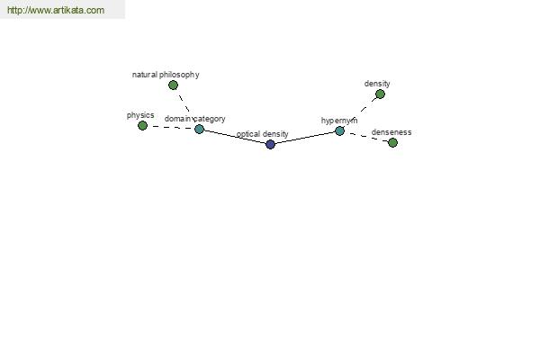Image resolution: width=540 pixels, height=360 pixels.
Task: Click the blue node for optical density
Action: [x=270, y=144]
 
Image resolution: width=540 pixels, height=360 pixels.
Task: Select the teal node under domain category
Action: [x=199, y=130]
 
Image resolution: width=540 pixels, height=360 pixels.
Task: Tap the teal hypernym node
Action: [x=339, y=130]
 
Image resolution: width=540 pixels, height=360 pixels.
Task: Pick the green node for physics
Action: [x=142, y=126]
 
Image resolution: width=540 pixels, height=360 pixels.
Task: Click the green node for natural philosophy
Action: [x=173, y=85]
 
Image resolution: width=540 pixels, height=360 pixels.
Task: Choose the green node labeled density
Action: [x=380, y=94]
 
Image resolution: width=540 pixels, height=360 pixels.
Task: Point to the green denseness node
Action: [x=392, y=142]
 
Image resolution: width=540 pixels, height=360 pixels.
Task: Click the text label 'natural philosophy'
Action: [x=166, y=75]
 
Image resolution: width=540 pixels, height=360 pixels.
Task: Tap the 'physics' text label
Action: [x=140, y=115]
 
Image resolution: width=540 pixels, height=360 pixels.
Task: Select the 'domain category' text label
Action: [x=195, y=119]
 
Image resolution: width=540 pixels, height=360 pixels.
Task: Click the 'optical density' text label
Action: [x=263, y=134]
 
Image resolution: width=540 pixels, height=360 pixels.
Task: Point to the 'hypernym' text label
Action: [x=339, y=121]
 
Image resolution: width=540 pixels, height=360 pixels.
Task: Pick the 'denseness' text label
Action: [x=391, y=132]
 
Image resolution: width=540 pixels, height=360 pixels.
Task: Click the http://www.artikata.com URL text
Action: [x=56, y=10]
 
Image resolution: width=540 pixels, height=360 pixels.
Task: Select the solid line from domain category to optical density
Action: [x=235, y=137]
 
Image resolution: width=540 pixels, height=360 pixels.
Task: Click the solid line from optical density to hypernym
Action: [x=305, y=138]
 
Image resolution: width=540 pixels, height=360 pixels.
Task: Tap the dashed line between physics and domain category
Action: [x=171, y=128]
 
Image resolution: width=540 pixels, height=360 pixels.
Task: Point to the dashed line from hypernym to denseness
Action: [x=366, y=137]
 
